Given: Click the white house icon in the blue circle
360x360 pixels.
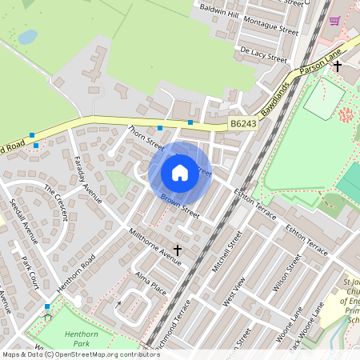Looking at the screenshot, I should point(180,172).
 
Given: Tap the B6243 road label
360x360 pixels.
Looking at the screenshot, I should point(242,124).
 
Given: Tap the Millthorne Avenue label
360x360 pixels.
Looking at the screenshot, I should point(155,245).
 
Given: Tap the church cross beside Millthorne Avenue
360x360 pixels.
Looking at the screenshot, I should point(178,251).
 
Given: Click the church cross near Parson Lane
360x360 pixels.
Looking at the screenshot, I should point(338,66).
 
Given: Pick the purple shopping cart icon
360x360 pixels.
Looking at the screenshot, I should point(334,20).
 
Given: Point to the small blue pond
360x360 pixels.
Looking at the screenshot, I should point(27,37).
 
